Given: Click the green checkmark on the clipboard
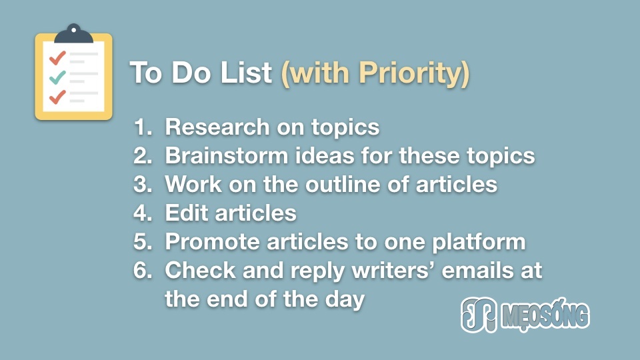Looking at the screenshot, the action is [57, 77].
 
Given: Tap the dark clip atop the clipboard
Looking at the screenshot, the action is [73, 33].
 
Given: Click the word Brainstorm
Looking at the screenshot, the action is [227, 155].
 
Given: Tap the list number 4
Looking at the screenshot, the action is [143, 213].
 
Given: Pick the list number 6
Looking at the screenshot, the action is [143, 270].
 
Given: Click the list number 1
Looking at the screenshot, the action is [143, 127].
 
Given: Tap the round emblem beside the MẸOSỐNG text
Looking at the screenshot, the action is [479, 314].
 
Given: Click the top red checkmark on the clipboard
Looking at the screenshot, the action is [57, 58].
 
